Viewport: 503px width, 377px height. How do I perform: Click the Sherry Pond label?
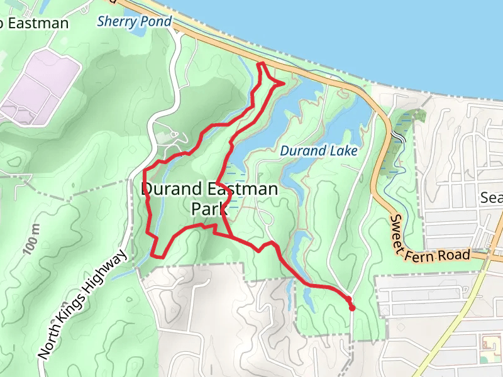click(x=134, y=22)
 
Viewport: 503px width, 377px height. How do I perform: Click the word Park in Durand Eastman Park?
click(x=209, y=207)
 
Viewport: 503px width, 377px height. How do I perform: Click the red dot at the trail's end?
click(x=351, y=307)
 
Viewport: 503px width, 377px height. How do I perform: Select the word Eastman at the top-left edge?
click(x=39, y=24)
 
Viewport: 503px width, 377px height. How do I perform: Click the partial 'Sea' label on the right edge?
click(x=491, y=198)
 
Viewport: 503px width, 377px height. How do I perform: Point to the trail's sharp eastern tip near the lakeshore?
click(x=284, y=82)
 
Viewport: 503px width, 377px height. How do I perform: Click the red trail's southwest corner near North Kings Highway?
click(x=154, y=256)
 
